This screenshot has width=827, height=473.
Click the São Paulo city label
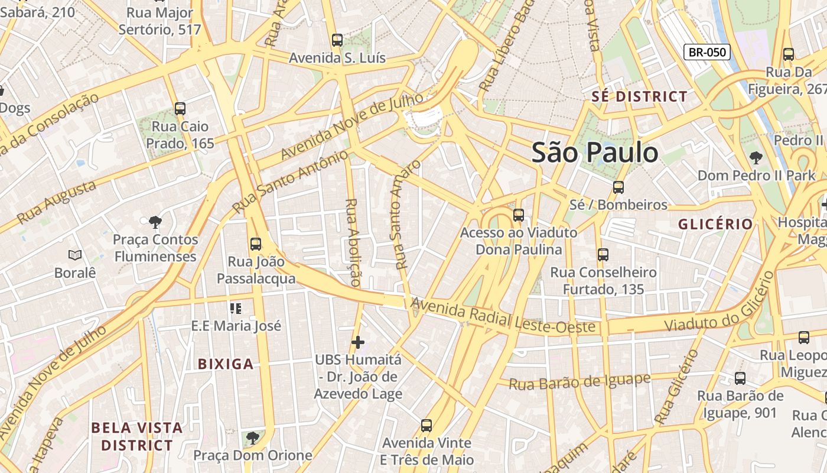click(x=595, y=153)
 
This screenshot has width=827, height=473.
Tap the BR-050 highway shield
click(x=707, y=52)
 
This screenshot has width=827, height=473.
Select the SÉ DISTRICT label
click(x=640, y=96)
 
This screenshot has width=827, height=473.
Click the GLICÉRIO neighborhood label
click(x=715, y=224)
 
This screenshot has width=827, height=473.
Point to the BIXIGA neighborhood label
click(x=226, y=364)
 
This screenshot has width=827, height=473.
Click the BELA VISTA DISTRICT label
click(x=137, y=436)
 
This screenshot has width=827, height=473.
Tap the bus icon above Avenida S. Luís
click(x=337, y=40)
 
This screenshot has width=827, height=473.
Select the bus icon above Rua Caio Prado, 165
click(x=180, y=109)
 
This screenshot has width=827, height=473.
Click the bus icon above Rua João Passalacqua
click(x=256, y=244)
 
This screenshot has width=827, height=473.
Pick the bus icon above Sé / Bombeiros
click(x=618, y=187)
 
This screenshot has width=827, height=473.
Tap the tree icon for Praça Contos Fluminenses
click(x=155, y=222)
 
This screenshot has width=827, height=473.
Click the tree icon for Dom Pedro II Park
click(x=756, y=158)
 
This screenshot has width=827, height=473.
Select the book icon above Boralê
click(x=74, y=255)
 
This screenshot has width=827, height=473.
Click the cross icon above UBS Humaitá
click(x=357, y=342)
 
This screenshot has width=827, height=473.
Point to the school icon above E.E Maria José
click(x=236, y=308)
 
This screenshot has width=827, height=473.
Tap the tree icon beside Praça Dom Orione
click(x=253, y=438)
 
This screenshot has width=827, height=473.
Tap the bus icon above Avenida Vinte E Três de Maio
click(x=426, y=425)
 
